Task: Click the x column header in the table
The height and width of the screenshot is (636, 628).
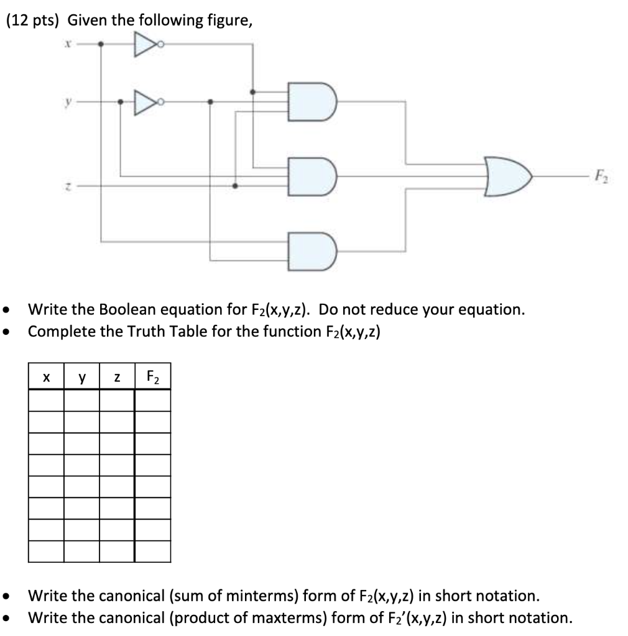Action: point(46,376)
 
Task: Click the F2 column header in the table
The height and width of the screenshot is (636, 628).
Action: point(152,377)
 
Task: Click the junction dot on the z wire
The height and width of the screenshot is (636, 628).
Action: point(234,185)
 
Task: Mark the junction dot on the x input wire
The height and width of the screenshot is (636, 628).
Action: point(101,44)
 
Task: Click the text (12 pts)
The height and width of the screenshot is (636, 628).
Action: point(33,21)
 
